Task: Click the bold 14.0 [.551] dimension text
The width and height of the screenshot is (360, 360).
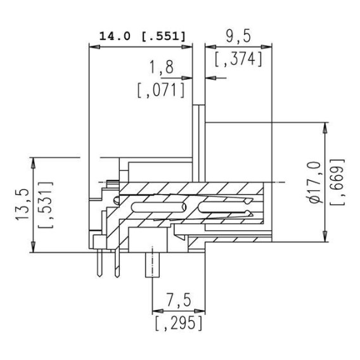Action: [142, 36]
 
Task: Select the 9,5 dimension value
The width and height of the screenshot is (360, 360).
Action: [238, 36]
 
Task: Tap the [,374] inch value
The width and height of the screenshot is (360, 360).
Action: [238, 59]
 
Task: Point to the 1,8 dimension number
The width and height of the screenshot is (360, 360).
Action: [162, 67]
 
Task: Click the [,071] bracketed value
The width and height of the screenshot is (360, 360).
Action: [161, 90]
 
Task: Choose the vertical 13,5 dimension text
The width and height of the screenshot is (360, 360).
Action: [22, 205]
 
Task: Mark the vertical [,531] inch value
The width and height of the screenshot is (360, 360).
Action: [46, 205]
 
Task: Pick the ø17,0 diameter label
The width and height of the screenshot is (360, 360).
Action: [315, 183]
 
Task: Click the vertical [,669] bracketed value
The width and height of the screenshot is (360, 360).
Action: [337, 182]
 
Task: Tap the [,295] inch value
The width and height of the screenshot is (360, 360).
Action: [179, 323]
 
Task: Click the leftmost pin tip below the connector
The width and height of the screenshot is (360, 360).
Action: [100, 276]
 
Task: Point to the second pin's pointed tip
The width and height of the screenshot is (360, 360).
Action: [117, 277]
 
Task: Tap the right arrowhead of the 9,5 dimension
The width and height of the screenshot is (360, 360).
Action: [266, 47]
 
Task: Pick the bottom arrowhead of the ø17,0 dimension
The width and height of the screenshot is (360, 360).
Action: [325, 236]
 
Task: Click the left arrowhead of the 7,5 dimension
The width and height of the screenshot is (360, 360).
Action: [158, 311]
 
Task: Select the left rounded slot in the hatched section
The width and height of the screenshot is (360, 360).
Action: [158, 207]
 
